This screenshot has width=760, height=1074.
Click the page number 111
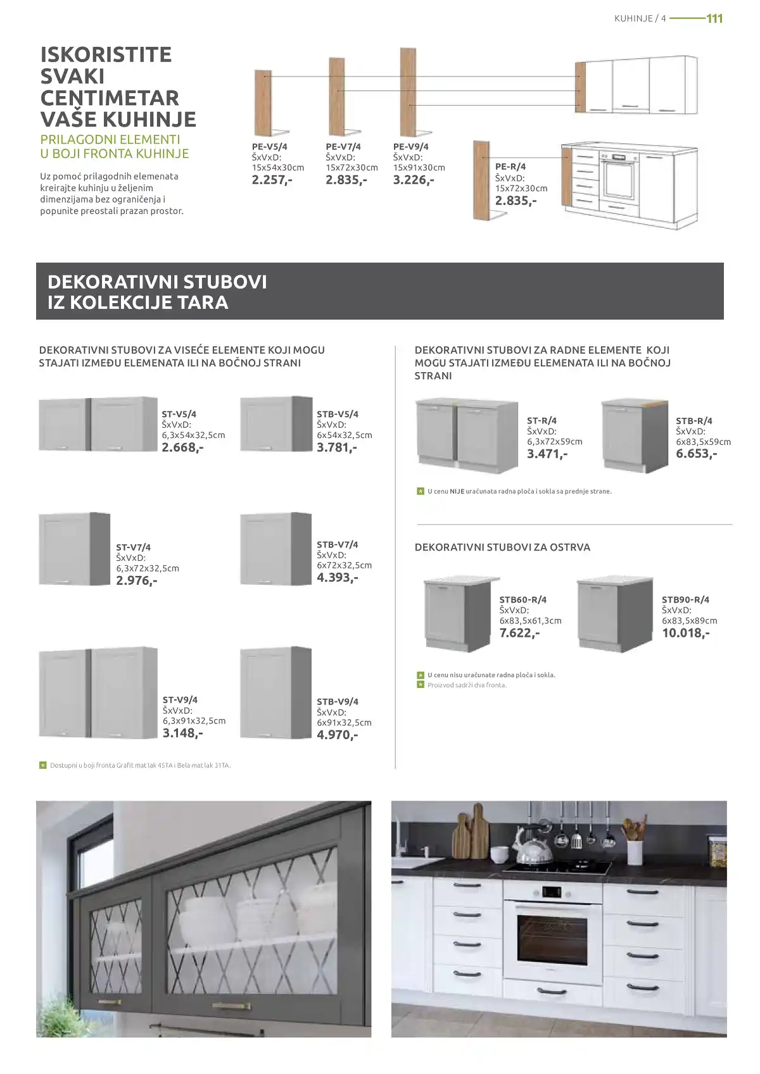click(714, 18)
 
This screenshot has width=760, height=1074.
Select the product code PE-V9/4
click(410, 147)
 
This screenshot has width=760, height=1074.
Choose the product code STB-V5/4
click(337, 414)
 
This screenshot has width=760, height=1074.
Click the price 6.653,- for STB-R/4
click(696, 453)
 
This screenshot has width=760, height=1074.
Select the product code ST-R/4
click(541, 420)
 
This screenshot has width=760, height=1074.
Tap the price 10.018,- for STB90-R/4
click(685, 632)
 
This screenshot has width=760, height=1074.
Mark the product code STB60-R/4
click(522, 599)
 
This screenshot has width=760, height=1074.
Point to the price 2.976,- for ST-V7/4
click(137, 580)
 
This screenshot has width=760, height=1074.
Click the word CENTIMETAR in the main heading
click(110, 97)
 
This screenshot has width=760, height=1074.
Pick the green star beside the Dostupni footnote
click(43, 765)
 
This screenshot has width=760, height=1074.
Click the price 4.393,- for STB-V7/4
click(337, 577)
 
